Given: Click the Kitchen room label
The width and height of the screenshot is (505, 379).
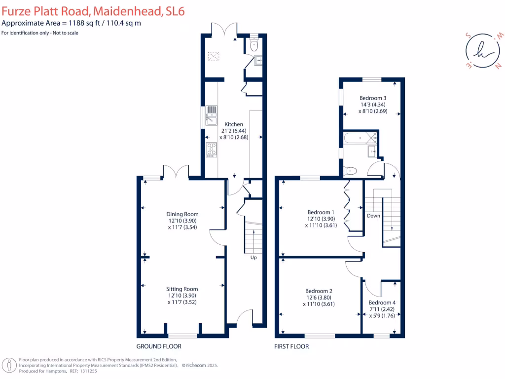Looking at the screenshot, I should (x=233, y=124).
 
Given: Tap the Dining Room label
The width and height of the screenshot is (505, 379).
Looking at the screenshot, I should (x=182, y=214).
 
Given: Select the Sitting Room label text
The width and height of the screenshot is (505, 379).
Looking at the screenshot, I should (x=182, y=289).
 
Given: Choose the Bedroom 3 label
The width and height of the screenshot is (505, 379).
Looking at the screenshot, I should (x=373, y=98).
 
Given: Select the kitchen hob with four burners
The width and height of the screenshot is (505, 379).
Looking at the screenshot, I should (x=211, y=149).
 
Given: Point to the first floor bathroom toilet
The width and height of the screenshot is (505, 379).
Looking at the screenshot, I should (x=350, y=171).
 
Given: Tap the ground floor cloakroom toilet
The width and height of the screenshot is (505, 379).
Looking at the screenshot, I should (x=254, y=45).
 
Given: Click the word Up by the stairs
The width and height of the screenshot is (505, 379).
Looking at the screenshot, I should (x=253, y=258).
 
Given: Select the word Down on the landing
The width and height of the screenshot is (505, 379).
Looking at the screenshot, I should (x=373, y=216).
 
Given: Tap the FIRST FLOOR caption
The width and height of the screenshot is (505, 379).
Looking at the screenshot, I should (x=291, y=346).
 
